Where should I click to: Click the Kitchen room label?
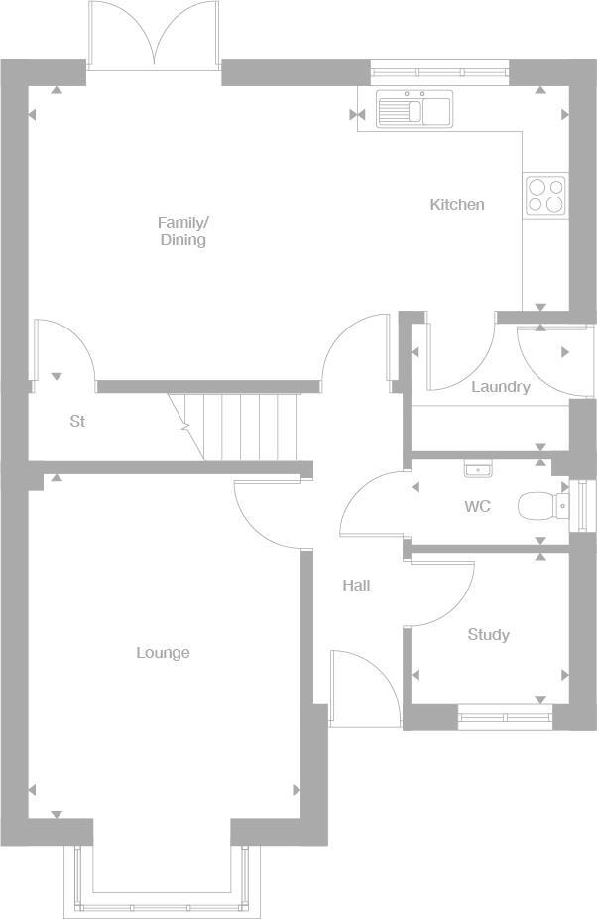click(456, 205)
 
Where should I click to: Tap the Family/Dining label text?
click(183, 231)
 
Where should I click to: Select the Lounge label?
click(163, 653)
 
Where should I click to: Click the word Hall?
click(356, 586)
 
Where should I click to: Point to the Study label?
click(488, 635)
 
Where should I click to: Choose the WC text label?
click(477, 507)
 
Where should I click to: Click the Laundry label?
click(500, 387)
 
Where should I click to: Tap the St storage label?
click(77, 422)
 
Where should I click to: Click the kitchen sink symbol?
click(414, 108)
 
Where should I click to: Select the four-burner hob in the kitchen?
click(545, 196)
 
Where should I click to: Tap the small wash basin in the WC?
click(478, 466)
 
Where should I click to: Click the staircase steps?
click(243, 426)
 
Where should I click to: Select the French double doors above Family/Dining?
click(154, 38)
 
